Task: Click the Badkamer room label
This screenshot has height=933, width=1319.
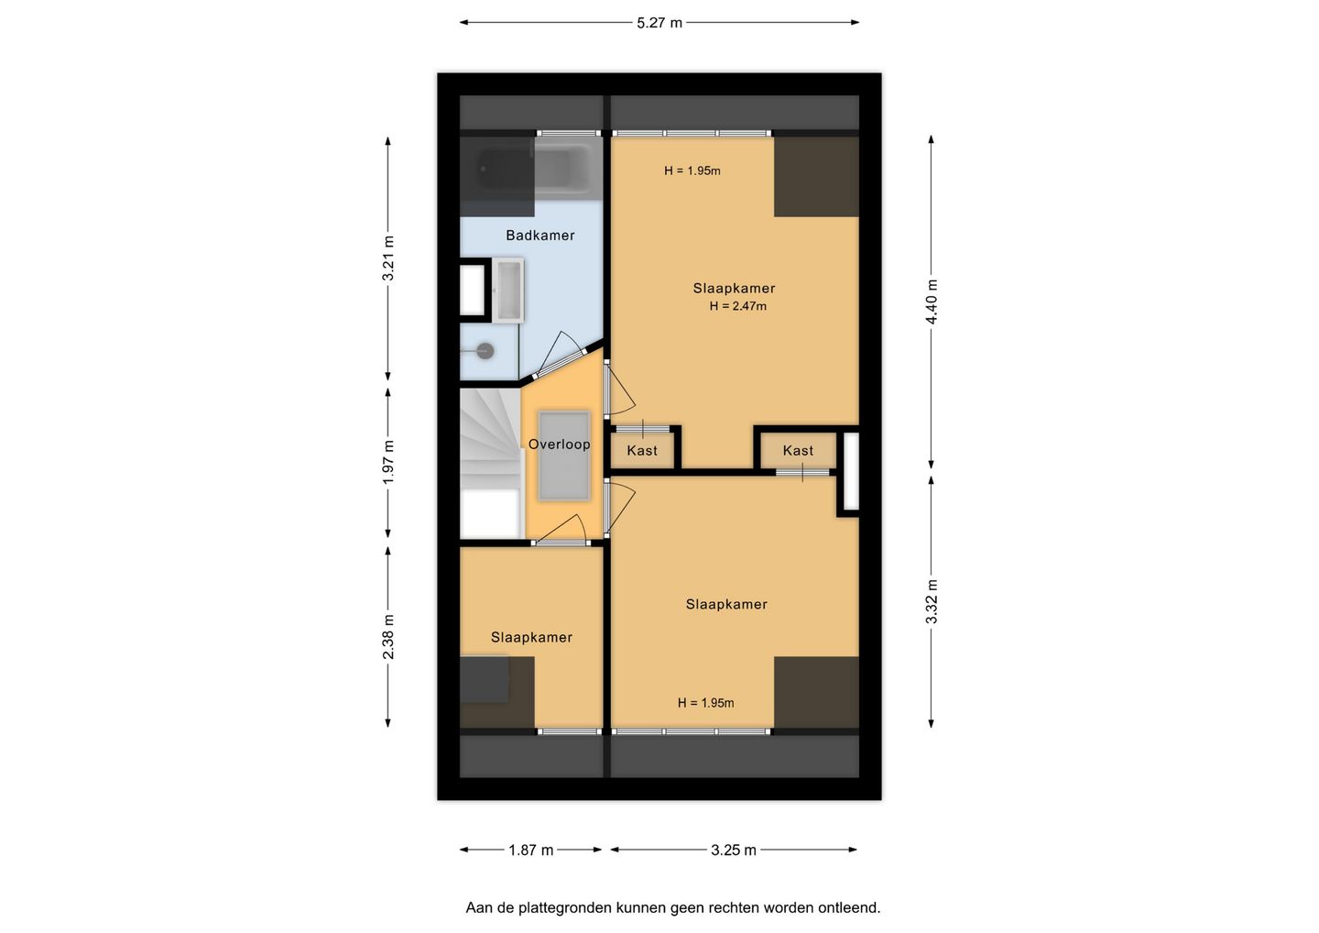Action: (x=540, y=236)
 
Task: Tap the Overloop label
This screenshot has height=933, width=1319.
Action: (x=559, y=445)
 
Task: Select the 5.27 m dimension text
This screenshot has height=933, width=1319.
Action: (x=659, y=23)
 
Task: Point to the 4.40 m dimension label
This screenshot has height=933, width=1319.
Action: (x=931, y=302)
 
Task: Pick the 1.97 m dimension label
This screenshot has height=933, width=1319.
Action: (x=388, y=463)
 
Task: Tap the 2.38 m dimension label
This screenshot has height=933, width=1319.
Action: (x=388, y=637)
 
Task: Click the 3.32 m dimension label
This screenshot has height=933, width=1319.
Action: (x=931, y=601)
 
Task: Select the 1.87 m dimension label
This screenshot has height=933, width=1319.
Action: (x=530, y=850)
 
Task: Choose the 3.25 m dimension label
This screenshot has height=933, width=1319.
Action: (x=733, y=850)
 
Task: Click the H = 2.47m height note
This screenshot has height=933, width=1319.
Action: (x=738, y=306)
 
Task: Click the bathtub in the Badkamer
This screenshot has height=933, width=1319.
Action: (x=533, y=169)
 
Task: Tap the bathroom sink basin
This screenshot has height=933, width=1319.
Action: (x=508, y=291)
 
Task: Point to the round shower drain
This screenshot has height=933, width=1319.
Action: (x=485, y=351)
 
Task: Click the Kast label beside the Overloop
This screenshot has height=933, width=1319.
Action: (x=642, y=451)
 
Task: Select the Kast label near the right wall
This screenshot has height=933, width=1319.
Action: (x=798, y=451)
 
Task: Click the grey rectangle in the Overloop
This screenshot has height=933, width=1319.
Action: (x=563, y=456)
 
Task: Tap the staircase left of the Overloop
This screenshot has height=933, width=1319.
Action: (x=491, y=463)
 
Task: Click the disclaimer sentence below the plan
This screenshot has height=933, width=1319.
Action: (x=673, y=907)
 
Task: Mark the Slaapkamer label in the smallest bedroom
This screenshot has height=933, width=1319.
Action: (x=531, y=637)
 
